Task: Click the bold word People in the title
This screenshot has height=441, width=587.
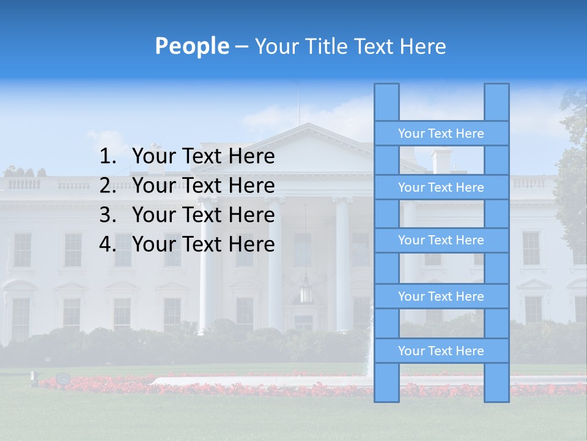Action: (x=191, y=46)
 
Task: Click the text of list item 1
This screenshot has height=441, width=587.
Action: (x=203, y=157)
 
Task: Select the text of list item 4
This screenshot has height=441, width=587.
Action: (x=203, y=244)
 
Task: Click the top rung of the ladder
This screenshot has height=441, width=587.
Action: (x=441, y=134)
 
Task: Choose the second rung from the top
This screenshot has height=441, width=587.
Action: (x=441, y=187)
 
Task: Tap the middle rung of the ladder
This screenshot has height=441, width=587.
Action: (x=441, y=241)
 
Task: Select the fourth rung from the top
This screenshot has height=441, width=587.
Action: (x=441, y=296)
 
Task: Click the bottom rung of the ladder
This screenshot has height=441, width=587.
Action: (x=441, y=351)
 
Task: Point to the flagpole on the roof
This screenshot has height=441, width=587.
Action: (x=299, y=104)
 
